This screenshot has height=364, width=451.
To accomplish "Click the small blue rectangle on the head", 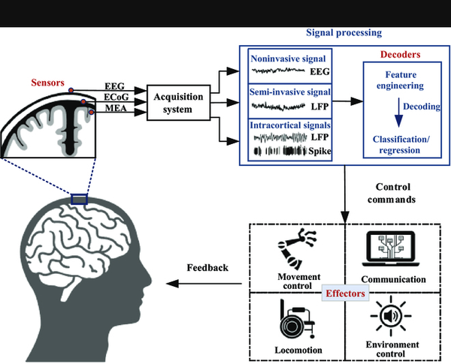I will [x=79, y=199].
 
